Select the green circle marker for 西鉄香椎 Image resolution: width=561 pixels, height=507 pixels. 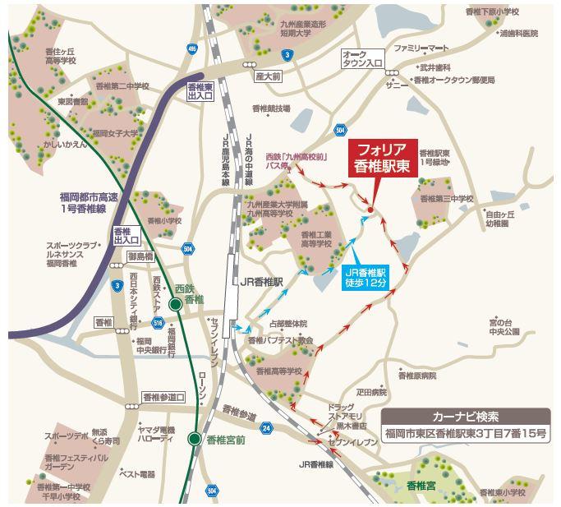pos(175,305)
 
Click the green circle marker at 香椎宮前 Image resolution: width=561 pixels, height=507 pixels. pos(194,439)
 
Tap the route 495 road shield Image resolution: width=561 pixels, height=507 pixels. pos(192,51)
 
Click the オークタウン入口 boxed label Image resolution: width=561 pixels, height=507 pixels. pos(363,58)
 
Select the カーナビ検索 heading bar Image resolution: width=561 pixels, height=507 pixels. pos(466,416)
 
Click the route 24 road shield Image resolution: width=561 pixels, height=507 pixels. pos(266,428)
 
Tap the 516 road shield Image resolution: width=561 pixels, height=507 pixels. pos(179,324)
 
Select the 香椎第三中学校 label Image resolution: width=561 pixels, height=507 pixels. pos(446,199)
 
